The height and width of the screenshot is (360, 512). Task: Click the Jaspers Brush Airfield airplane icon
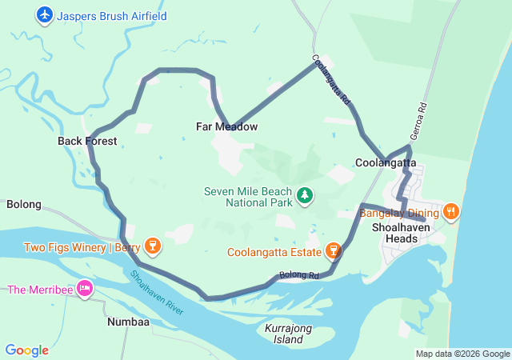click(x=45, y=14)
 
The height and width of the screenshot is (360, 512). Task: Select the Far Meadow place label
click(x=226, y=126)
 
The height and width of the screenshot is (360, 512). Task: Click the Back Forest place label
click(x=87, y=141)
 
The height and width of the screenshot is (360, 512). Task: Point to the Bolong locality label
click(x=24, y=204)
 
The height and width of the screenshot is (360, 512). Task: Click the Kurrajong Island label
click(x=283, y=334)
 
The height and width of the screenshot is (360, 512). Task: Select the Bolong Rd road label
click(x=299, y=276)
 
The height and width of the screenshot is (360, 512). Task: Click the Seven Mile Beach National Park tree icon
click(x=304, y=194)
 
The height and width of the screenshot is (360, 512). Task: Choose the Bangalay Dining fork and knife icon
click(x=451, y=212)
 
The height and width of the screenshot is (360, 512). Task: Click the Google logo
click(x=26, y=350)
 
